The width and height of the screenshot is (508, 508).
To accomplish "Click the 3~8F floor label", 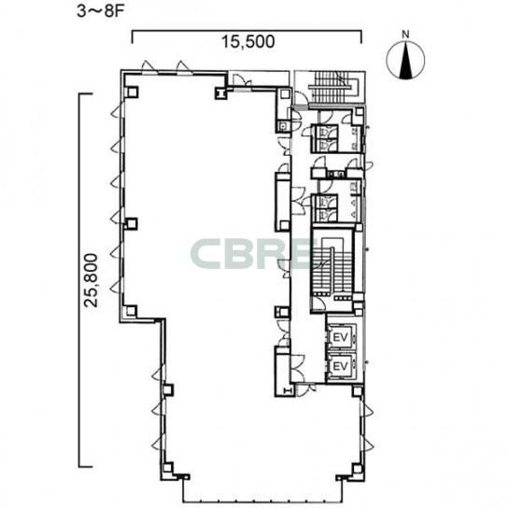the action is tap(101, 11).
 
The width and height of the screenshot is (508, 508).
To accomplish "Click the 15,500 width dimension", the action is tap(247, 41).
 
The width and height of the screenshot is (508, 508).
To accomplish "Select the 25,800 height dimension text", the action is tap(91, 280).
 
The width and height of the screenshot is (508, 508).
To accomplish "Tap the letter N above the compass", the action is tap(405, 34).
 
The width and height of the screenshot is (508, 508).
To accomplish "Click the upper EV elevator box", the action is tap(341, 337).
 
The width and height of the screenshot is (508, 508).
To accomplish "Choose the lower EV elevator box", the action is tap(341, 366).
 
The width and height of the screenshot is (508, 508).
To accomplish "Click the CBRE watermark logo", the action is tap(251, 254).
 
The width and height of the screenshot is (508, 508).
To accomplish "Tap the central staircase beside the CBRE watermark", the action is tap(332, 264).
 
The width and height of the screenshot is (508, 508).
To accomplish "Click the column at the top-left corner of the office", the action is tap(132, 92).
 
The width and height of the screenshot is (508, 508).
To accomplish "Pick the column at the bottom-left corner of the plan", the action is tap(167, 468).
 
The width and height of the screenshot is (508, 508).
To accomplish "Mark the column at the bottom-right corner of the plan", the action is tap(357, 469).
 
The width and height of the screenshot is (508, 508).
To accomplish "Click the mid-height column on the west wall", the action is tap(132, 224).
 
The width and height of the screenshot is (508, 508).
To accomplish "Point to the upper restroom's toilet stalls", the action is tap(324, 138).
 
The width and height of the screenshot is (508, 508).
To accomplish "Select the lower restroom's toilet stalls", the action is tap(324, 207).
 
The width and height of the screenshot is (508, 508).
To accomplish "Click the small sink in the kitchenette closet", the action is tap(283, 126).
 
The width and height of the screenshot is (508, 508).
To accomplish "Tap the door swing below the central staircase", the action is tap(318, 304).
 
